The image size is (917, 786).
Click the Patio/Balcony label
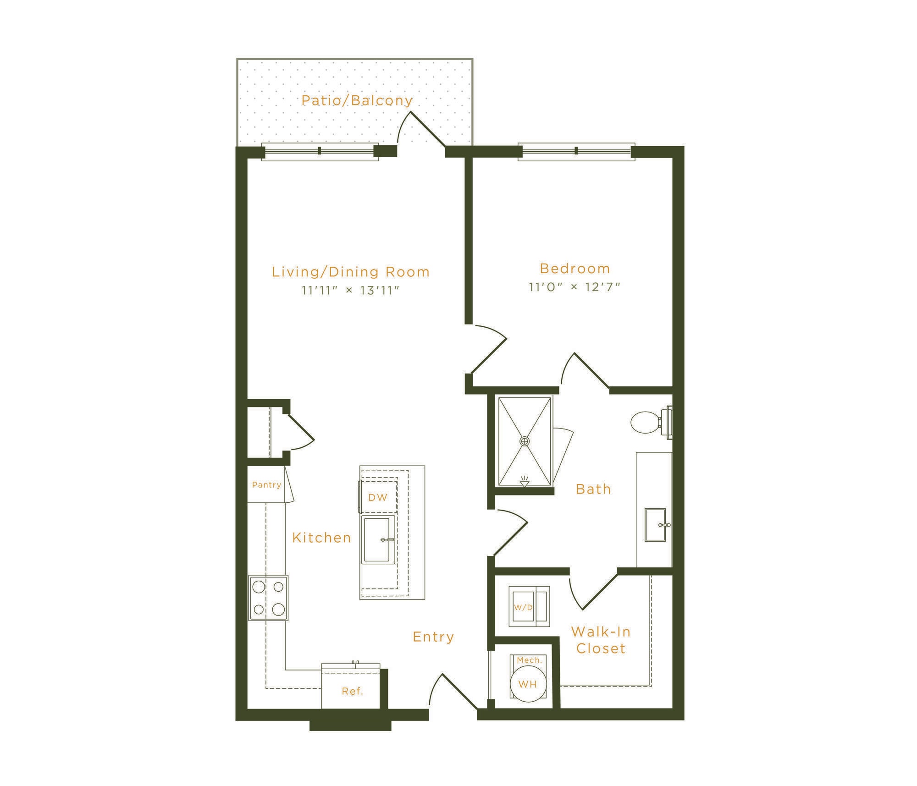point(357,100)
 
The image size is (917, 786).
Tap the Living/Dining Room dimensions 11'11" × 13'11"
point(351,291)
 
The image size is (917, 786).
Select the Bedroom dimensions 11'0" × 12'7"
point(575,287)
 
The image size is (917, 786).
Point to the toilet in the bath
point(651,422)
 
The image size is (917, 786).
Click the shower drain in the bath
point(525,441)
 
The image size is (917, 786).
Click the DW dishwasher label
point(378,497)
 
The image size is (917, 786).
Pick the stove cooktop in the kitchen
point(268,598)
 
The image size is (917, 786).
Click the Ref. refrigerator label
point(353,691)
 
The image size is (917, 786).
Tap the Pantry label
point(266,485)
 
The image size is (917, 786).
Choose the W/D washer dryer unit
point(529,606)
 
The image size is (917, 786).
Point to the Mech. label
point(530,660)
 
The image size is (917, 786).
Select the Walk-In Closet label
point(601,640)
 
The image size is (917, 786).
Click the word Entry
point(433,637)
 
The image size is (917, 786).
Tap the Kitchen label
point(322,538)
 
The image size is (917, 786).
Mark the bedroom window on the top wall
point(576,151)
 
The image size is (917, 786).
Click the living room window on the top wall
point(320,151)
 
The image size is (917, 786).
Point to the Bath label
point(593,489)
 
